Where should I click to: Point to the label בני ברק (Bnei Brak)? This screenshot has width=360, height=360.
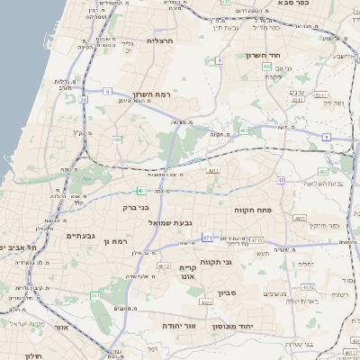click(133, 207)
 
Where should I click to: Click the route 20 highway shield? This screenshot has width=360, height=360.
click(83, 100)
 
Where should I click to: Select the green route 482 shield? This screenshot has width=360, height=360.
click(117, 139)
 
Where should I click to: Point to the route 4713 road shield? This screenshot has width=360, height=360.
click(256, 240)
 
